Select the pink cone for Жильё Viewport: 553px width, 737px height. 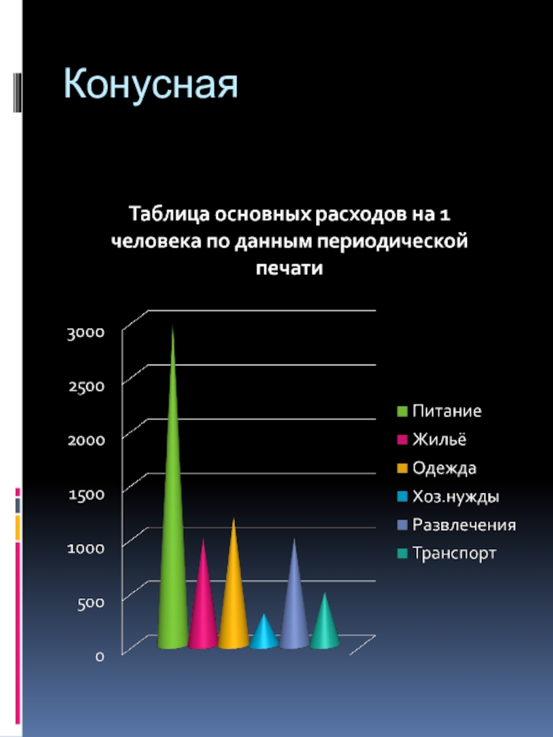[x=203, y=608]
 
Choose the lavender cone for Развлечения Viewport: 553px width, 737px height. [x=294, y=608]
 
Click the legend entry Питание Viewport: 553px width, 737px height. [x=447, y=411]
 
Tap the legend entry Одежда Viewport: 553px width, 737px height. [x=444, y=468]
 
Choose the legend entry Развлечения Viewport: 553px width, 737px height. [x=464, y=525]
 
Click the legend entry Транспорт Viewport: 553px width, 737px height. [x=454, y=553]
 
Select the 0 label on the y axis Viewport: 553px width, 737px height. [x=100, y=655]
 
